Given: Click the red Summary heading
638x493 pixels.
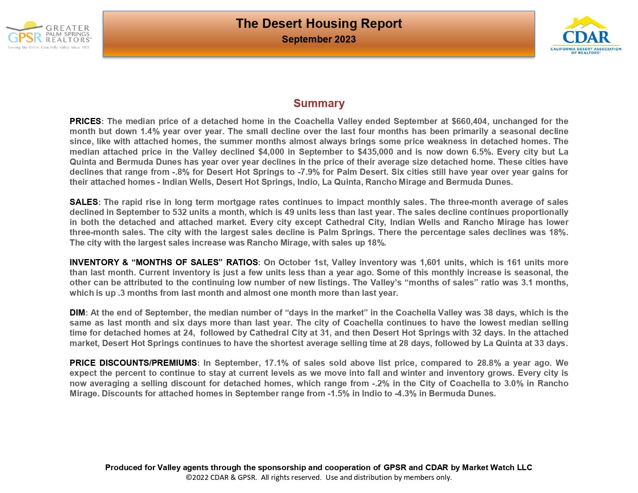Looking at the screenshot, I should pos(319,103).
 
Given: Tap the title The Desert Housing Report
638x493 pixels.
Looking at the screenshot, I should pos(319,24).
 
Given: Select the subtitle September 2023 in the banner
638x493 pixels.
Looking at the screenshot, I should pos(319,39).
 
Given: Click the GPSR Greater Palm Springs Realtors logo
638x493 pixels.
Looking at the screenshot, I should pos(49,35).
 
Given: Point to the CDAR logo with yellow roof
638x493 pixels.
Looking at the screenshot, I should pos(586,35).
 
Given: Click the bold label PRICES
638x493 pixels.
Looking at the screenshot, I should pos(85,121).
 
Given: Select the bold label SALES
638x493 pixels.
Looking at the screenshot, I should pos(84,202).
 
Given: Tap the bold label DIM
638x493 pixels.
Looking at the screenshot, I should pos(77,313).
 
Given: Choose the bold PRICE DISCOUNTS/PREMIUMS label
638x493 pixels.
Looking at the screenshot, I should pos(133,363).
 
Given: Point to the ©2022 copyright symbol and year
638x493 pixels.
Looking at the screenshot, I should pos(197,478).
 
